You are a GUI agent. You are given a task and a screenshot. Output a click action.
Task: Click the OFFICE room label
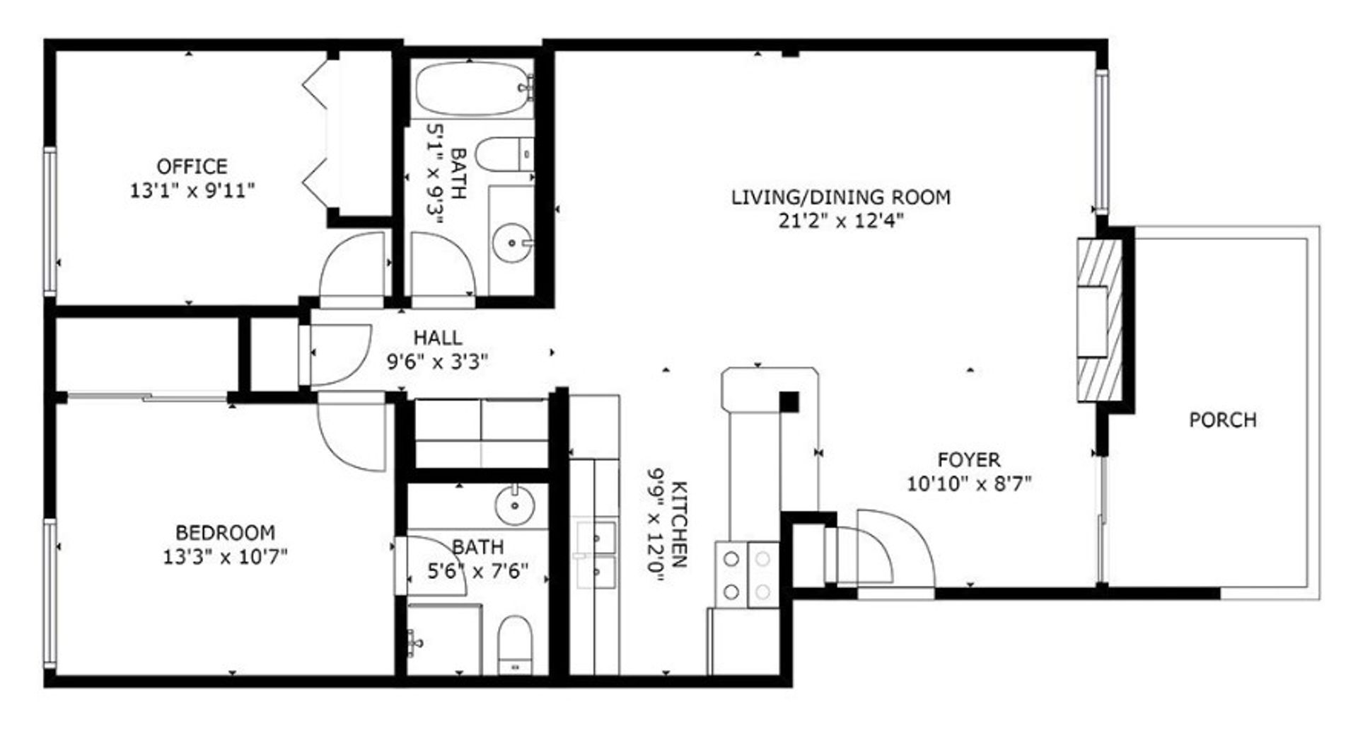click(x=192, y=167)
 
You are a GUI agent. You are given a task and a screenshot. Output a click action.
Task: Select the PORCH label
click(x=1223, y=420)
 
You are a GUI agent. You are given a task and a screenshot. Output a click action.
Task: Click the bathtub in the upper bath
click(x=474, y=88)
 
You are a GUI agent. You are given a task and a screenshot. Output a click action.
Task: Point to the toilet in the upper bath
click(x=504, y=154)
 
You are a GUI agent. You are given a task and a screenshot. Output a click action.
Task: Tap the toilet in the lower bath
click(x=515, y=644)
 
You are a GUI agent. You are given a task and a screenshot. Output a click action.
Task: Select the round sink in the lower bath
click(x=514, y=505)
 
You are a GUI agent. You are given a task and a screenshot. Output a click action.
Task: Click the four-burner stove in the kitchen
click(x=748, y=574)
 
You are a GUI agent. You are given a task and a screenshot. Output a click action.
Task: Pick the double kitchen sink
click(x=596, y=555)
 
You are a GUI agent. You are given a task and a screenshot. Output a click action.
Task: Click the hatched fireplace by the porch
click(x=1100, y=321)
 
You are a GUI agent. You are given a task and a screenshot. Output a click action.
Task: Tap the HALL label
click(x=438, y=338)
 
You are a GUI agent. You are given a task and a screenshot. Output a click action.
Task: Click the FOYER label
click(x=969, y=460)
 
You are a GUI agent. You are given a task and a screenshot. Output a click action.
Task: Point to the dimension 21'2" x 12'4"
click(x=842, y=221)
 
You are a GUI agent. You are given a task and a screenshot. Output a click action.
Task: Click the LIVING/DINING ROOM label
click(x=841, y=197)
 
